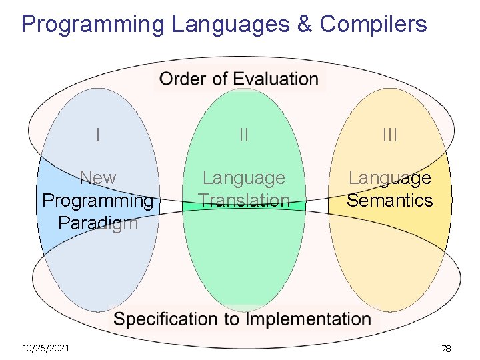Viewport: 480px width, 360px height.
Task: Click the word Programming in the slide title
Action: pos(92,25)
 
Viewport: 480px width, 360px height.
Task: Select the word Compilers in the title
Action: pos(373,25)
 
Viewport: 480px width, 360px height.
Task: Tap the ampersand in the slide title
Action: pos(304,25)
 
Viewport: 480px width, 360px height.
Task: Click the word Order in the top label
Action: pos(182,79)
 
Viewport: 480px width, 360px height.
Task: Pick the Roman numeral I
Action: pos(98,135)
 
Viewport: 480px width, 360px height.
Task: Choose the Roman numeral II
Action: pos(244,135)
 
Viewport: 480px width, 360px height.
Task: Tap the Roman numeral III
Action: pos(390,135)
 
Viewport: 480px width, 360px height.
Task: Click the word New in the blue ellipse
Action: pos(98,178)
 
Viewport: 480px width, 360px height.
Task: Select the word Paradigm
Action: pos(98,223)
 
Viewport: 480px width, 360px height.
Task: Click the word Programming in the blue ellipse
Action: pos(98,200)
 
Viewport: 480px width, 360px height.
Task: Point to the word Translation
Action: pos(244,200)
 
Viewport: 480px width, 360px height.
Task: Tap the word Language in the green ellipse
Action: pos(244,178)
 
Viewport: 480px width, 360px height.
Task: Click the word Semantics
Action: pos(390,200)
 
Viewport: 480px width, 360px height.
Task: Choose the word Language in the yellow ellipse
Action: pos(390,178)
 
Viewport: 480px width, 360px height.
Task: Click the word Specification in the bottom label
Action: pos(167,319)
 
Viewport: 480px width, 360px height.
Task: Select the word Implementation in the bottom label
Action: pos(308,319)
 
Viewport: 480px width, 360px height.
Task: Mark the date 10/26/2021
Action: pos(46,348)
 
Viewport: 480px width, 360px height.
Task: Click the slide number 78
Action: pos(446,349)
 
